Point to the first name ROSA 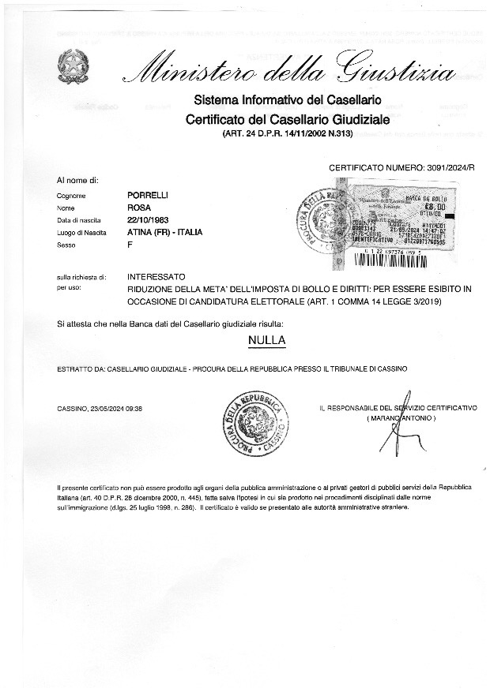(138, 207)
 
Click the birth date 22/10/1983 (149, 219)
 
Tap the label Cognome (71, 195)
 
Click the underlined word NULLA (266, 340)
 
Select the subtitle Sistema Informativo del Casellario (288, 101)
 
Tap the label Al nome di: (77, 181)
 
